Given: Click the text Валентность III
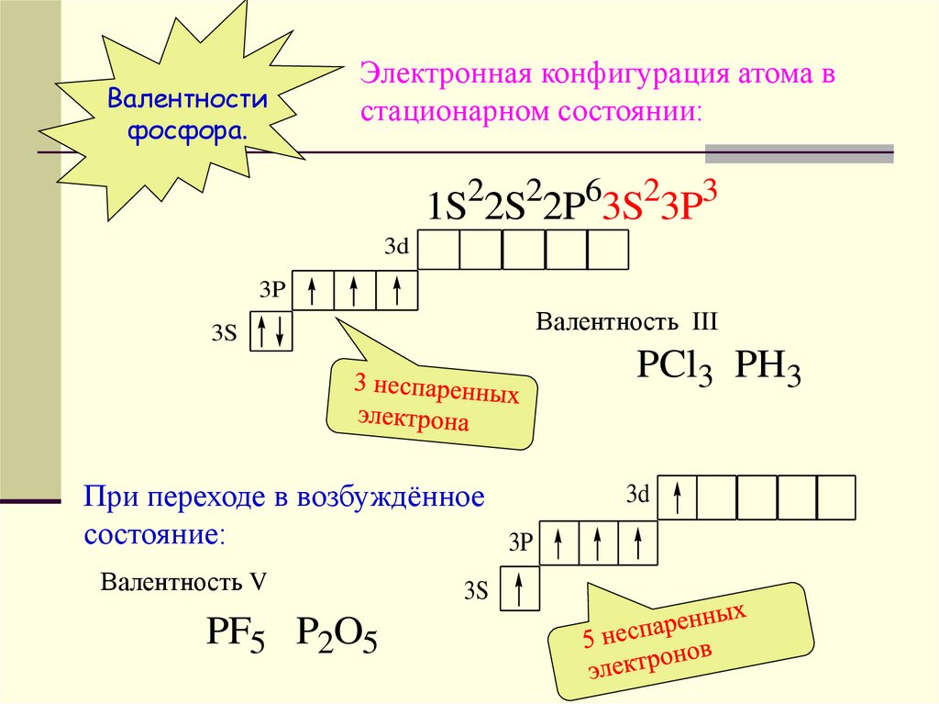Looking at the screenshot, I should pyautogui.click(x=626, y=323).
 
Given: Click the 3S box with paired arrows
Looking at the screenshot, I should pyautogui.click(x=272, y=331).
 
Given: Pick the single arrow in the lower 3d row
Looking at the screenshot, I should pyautogui.click(x=678, y=497).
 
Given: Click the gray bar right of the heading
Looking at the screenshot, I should pyautogui.click(x=798, y=153).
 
